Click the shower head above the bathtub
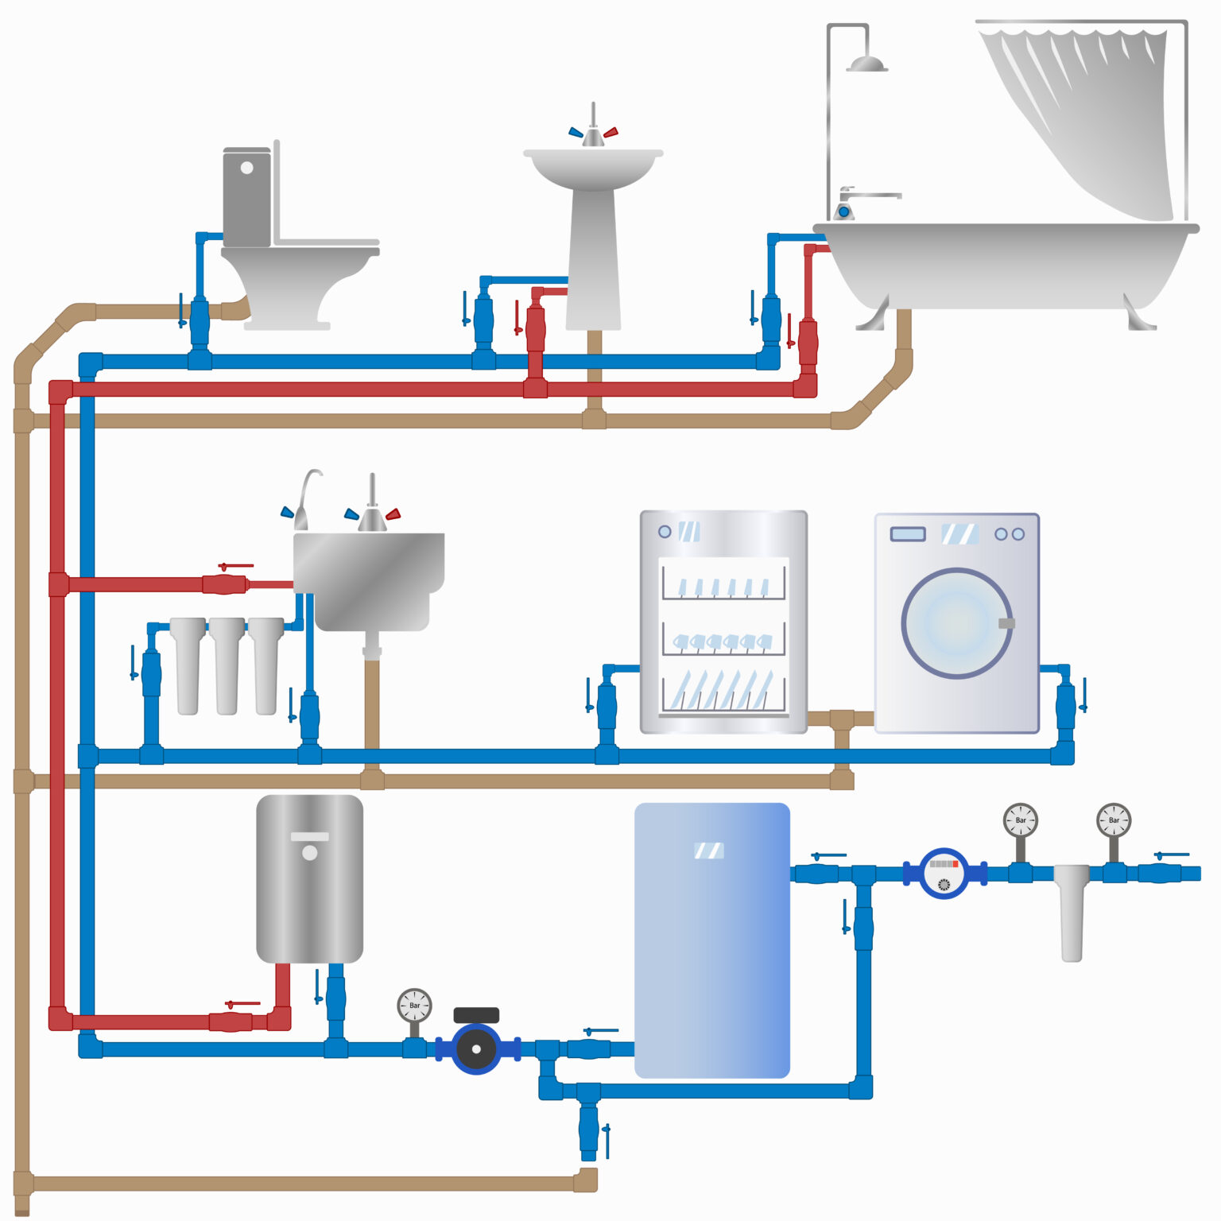(866, 64)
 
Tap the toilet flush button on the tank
(246, 168)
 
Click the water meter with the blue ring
(944, 874)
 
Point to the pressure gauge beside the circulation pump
(414, 1006)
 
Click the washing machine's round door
(956, 623)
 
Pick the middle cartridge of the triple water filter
(227, 666)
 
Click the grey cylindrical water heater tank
(309, 878)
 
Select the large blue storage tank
(711, 940)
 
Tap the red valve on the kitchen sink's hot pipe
(225, 584)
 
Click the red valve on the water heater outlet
(231, 1021)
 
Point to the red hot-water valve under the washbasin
(536, 328)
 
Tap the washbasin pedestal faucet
(593, 131)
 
